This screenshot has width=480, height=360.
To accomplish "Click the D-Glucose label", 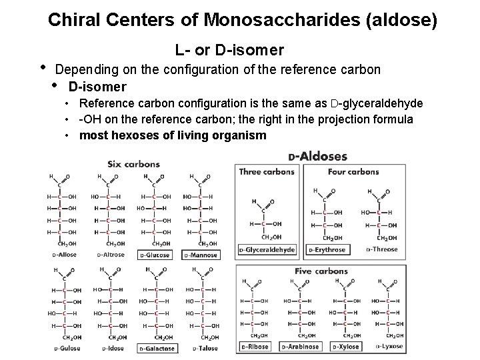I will tap(155, 255).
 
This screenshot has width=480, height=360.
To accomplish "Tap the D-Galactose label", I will tap(157, 348).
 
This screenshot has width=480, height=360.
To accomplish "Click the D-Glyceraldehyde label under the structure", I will tap(267, 250).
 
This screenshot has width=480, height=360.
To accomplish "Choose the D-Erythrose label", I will tap(327, 250).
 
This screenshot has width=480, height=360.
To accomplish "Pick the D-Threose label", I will tap(382, 249).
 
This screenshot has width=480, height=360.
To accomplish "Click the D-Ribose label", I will tap(256, 347).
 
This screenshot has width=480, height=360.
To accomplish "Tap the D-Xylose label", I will tap(347, 347).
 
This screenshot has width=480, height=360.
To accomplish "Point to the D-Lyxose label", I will tap(391, 347).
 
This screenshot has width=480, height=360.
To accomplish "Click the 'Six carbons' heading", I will tap(133, 163).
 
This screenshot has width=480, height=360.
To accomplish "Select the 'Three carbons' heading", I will tap(267, 171).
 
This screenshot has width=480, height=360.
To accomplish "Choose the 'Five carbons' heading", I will tap(321, 271).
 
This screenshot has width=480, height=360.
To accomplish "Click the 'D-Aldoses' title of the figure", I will tap(317, 157).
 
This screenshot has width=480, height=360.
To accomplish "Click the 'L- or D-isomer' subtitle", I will tap(229, 50).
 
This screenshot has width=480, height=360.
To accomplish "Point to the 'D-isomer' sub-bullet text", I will tap(97, 87).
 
